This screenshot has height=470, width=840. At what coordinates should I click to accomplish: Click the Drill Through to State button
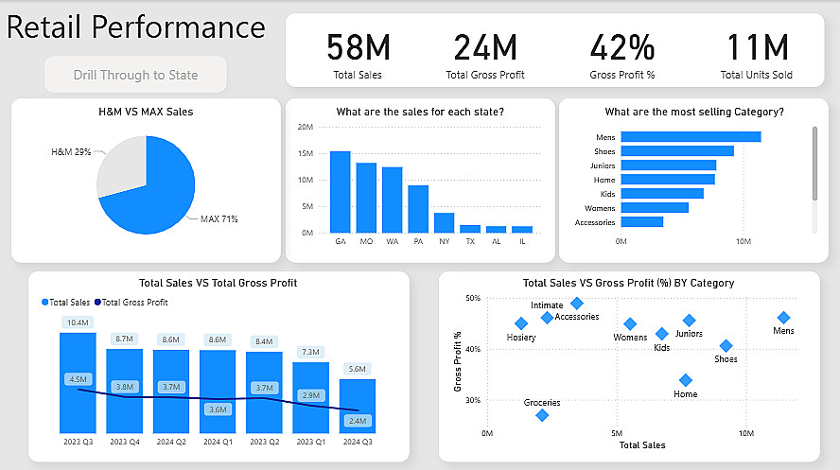[135, 75]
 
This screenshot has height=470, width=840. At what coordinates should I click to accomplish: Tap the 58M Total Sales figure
[358, 47]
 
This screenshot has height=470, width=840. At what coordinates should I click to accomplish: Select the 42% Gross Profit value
[621, 47]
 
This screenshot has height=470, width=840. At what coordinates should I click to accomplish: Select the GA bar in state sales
[340, 191]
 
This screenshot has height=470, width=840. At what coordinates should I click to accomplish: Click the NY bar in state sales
[444, 222]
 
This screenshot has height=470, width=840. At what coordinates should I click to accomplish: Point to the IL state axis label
[522, 242]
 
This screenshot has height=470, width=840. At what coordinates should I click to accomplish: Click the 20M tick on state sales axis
[306, 127]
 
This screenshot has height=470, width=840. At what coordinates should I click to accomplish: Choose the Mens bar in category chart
[691, 137]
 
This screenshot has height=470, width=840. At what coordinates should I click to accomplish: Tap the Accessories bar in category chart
[642, 222]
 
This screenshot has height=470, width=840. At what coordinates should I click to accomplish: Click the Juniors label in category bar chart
[603, 165]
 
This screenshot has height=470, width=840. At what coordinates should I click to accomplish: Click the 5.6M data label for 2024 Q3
[358, 370]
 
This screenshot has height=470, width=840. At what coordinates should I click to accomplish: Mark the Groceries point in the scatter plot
[542, 415]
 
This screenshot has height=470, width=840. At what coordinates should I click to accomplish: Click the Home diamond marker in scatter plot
[686, 380]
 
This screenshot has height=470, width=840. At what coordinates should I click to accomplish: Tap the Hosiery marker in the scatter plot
[521, 323]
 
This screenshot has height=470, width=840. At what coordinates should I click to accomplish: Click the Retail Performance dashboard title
[135, 26]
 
